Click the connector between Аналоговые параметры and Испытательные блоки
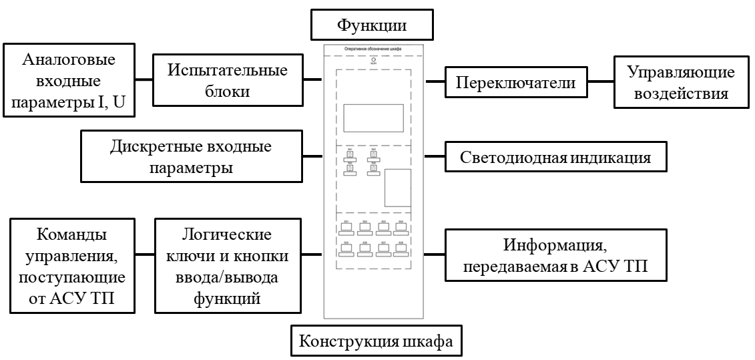click(x=144, y=81)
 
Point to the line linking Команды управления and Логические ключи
click(x=144, y=254)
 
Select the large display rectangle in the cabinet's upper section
click(x=373, y=118)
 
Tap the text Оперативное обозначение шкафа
click(x=372, y=49)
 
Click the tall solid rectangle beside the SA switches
click(x=398, y=188)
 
